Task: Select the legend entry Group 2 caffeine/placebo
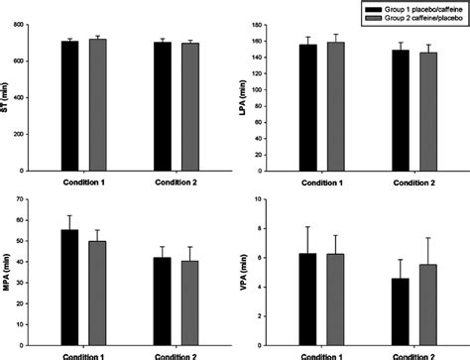tap(408, 17)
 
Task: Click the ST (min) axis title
tap(7, 95)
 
